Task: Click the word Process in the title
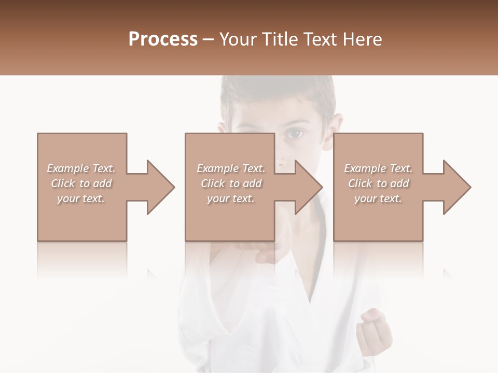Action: point(163,39)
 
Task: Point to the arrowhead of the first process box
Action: point(161,187)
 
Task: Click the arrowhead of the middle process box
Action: point(309,187)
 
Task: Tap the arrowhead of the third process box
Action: point(457,187)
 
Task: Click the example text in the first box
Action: point(81,183)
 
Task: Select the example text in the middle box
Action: point(230,183)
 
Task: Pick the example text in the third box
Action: point(378,183)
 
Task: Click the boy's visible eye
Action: point(295,134)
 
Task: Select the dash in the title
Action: point(209,39)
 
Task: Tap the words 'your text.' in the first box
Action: point(81,198)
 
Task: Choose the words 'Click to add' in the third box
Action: point(378,183)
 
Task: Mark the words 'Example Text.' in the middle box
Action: point(230,168)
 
